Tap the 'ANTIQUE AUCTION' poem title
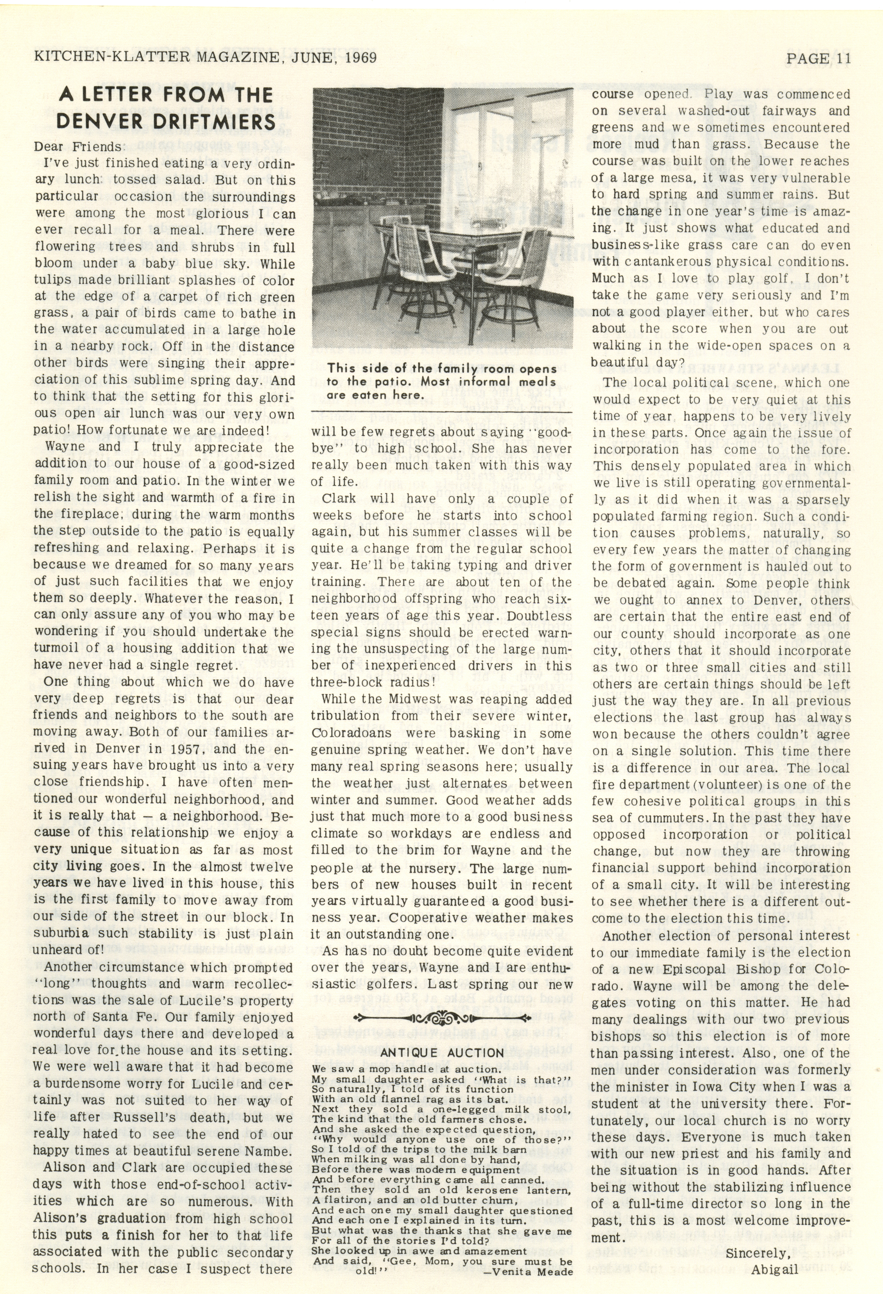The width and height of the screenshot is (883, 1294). click(442, 1053)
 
